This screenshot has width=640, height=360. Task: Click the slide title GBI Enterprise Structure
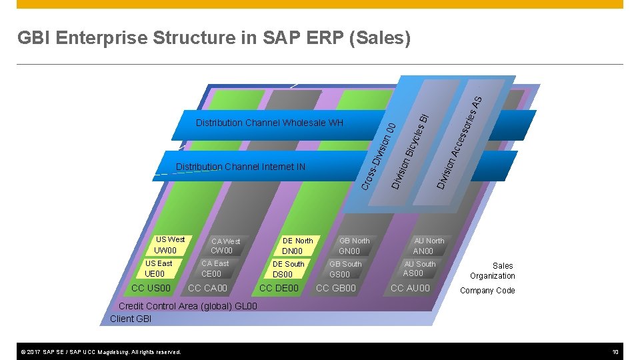pyautogui.click(x=214, y=39)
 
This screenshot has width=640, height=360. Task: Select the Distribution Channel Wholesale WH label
pyautogui.click(x=269, y=123)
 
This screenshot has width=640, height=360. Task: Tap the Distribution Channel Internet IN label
pyautogui.click(x=240, y=167)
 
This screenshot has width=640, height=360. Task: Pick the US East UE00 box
pyautogui.click(x=158, y=269)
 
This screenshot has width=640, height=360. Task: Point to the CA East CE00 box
pyautogui.click(x=215, y=269)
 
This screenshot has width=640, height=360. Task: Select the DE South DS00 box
pyautogui.click(x=288, y=269)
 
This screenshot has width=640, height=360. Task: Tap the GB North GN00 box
pyautogui.click(x=354, y=246)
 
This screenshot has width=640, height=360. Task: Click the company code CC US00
pyautogui.click(x=151, y=288)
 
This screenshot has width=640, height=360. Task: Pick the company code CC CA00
pyautogui.click(x=207, y=288)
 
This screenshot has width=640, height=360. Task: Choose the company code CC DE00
pyautogui.click(x=279, y=288)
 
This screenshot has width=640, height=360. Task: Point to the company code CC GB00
pyautogui.click(x=335, y=288)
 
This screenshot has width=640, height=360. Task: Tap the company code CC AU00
pyautogui.click(x=410, y=288)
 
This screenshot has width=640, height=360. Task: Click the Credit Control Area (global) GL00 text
pyautogui.click(x=187, y=307)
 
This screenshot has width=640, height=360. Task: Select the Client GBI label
pyautogui.click(x=131, y=319)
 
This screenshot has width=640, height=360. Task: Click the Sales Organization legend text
pyautogui.click(x=493, y=271)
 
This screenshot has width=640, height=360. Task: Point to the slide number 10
pyautogui.click(x=617, y=351)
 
